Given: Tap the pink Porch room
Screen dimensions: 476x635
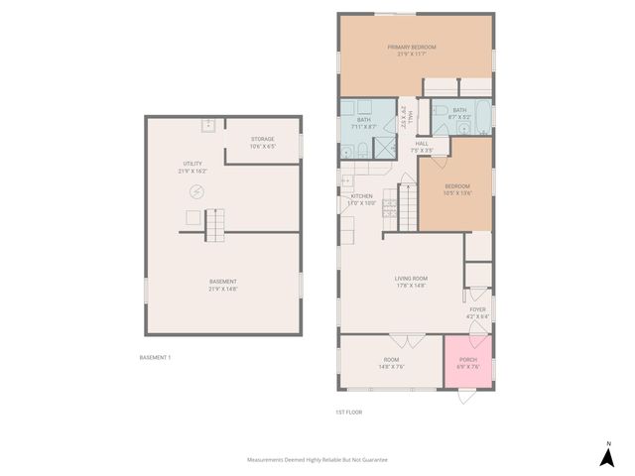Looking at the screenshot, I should [467, 362].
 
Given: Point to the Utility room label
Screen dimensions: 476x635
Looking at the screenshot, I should [192, 167].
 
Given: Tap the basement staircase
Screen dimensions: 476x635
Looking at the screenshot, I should [217, 226].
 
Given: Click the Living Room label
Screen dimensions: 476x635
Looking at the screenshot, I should [412, 281].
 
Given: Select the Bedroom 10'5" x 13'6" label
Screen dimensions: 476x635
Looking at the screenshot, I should [456, 189].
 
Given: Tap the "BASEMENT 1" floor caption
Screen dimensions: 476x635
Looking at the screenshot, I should [156, 357].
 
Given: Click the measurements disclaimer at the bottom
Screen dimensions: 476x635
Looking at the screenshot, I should [317, 460].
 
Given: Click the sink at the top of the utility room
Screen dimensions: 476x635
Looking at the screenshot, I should [208, 125].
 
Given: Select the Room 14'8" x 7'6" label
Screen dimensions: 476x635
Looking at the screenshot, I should [391, 362].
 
